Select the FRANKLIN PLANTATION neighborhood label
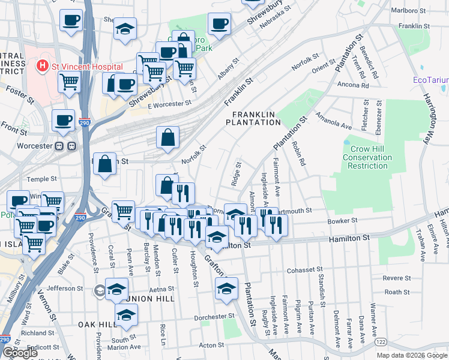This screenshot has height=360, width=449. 253,118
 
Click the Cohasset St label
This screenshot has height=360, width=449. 306,270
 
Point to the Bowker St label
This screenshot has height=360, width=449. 343,221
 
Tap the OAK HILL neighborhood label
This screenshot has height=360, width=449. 97,324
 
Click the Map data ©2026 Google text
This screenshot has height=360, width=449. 411,355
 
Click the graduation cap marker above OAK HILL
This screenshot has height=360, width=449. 126,315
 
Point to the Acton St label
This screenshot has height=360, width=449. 211,345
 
